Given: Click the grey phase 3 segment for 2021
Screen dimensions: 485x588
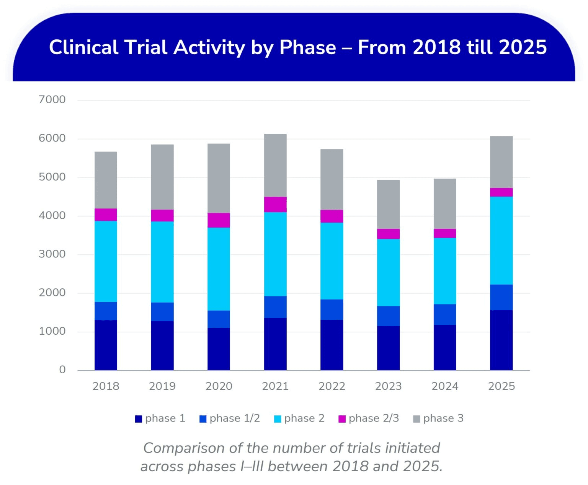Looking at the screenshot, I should pyautogui.click(x=275, y=165).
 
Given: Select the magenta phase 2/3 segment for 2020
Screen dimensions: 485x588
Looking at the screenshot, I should pyautogui.click(x=219, y=220).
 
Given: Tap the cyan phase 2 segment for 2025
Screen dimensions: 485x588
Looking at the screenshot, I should pyautogui.click(x=501, y=241).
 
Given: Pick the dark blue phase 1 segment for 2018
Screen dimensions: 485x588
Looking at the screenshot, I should pyautogui.click(x=106, y=345).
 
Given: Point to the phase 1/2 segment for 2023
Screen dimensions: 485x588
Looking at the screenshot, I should pyautogui.click(x=388, y=316).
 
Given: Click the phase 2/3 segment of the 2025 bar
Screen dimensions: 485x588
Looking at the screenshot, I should pyautogui.click(x=501, y=192).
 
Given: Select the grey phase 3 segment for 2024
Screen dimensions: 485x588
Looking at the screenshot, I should pyautogui.click(x=445, y=203).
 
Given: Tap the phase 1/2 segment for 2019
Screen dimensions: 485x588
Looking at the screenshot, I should pyautogui.click(x=162, y=312).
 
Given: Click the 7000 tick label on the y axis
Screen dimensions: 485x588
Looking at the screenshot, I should pyautogui.click(x=52, y=100).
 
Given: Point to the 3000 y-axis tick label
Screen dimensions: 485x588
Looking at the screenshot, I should pyautogui.click(x=52, y=254).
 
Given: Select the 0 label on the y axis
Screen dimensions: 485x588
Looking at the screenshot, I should pyautogui.click(x=62, y=370).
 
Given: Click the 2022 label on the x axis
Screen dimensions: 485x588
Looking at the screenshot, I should pyautogui.click(x=332, y=386).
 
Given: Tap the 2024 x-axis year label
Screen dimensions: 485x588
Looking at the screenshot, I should pyautogui.click(x=445, y=386).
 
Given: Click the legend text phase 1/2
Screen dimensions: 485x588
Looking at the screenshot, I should pyautogui.click(x=235, y=418).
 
